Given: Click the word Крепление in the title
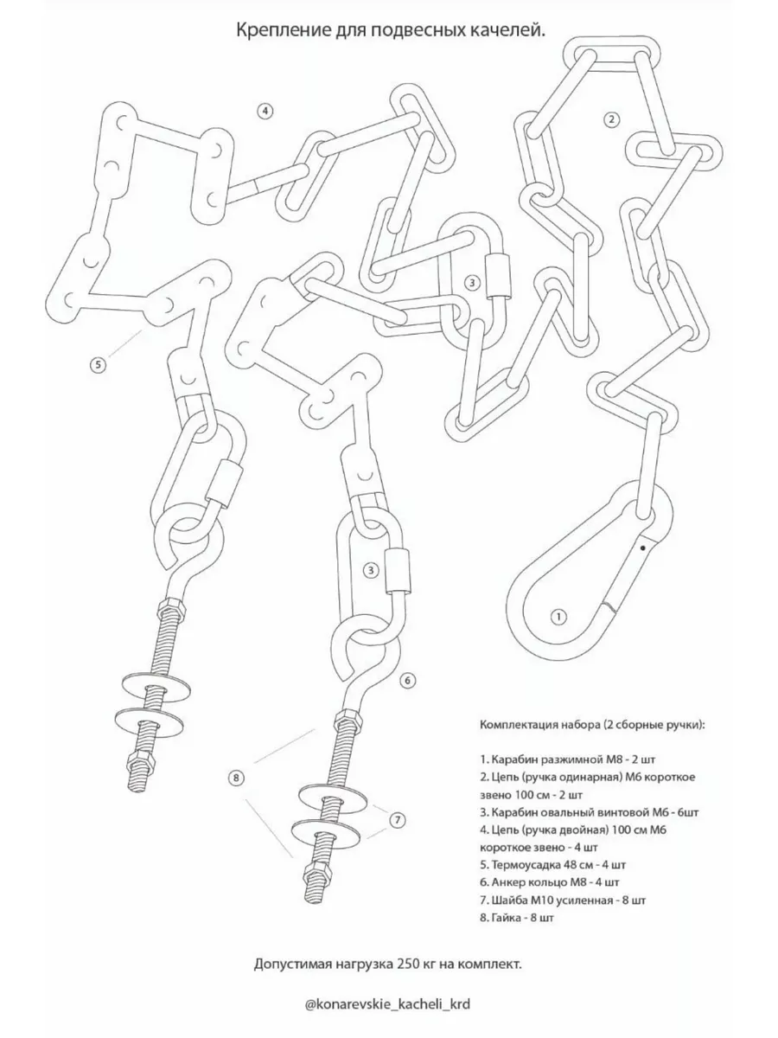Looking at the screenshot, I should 276,31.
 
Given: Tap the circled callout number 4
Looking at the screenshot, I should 265,110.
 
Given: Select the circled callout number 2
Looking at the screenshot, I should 611,119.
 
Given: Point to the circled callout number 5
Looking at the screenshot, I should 98,364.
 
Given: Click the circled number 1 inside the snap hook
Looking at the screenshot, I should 558,617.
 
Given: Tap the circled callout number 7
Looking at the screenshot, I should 396,818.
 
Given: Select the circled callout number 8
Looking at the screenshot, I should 237,778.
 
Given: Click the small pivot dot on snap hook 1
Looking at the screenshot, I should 642,547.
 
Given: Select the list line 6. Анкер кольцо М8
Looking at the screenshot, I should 548,882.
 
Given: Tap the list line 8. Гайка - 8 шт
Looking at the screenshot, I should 516,917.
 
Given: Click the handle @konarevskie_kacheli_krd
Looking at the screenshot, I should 389,1003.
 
